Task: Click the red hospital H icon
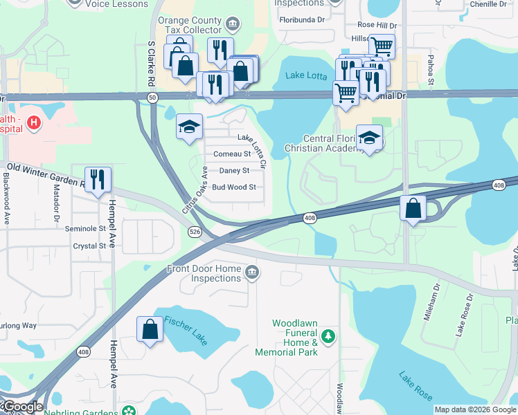(33, 123)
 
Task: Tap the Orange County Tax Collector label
(190, 26)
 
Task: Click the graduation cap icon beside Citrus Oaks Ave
(189, 127)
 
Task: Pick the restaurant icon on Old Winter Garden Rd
(98, 179)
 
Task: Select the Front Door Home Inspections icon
(251, 270)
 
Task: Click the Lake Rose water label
(416, 386)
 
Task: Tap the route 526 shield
(194, 233)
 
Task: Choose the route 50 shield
(152, 98)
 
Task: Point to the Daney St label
(234, 170)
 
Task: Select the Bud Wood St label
(233, 187)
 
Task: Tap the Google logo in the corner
(21, 407)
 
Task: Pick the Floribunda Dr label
(302, 19)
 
